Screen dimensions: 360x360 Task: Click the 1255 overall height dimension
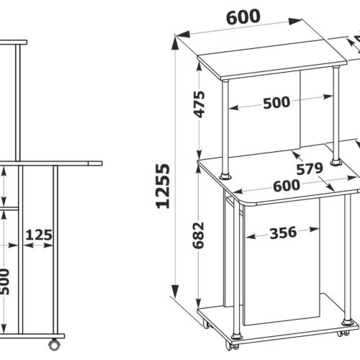click(x=163, y=186)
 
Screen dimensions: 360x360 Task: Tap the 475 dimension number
click(x=199, y=104)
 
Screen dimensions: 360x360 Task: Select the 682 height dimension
click(x=198, y=235)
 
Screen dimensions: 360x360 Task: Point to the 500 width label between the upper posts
click(x=276, y=103)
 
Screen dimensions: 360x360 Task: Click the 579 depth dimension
click(x=310, y=168)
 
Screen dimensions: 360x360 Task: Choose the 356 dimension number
click(x=284, y=233)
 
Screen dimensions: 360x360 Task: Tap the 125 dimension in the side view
click(x=39, y=235)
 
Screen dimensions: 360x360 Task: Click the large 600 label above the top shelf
click(x=243, y=17)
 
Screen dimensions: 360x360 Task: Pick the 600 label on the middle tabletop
click(x=287, y=186)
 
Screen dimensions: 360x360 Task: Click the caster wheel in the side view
click(x=55, y=345)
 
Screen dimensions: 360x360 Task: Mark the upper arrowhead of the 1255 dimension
click(x=176, y=43)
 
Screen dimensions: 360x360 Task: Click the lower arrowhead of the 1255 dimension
click(x=176, y=290)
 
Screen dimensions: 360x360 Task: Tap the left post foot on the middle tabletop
click(x=225, y=176)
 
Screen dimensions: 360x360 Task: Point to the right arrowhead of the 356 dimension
click(x=314, y=230)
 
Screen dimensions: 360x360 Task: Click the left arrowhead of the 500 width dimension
click(x=234, y=107)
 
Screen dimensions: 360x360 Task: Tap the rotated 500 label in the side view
click(x=4, y=282)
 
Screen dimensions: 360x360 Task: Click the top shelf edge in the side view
click(x=13, y=42)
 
